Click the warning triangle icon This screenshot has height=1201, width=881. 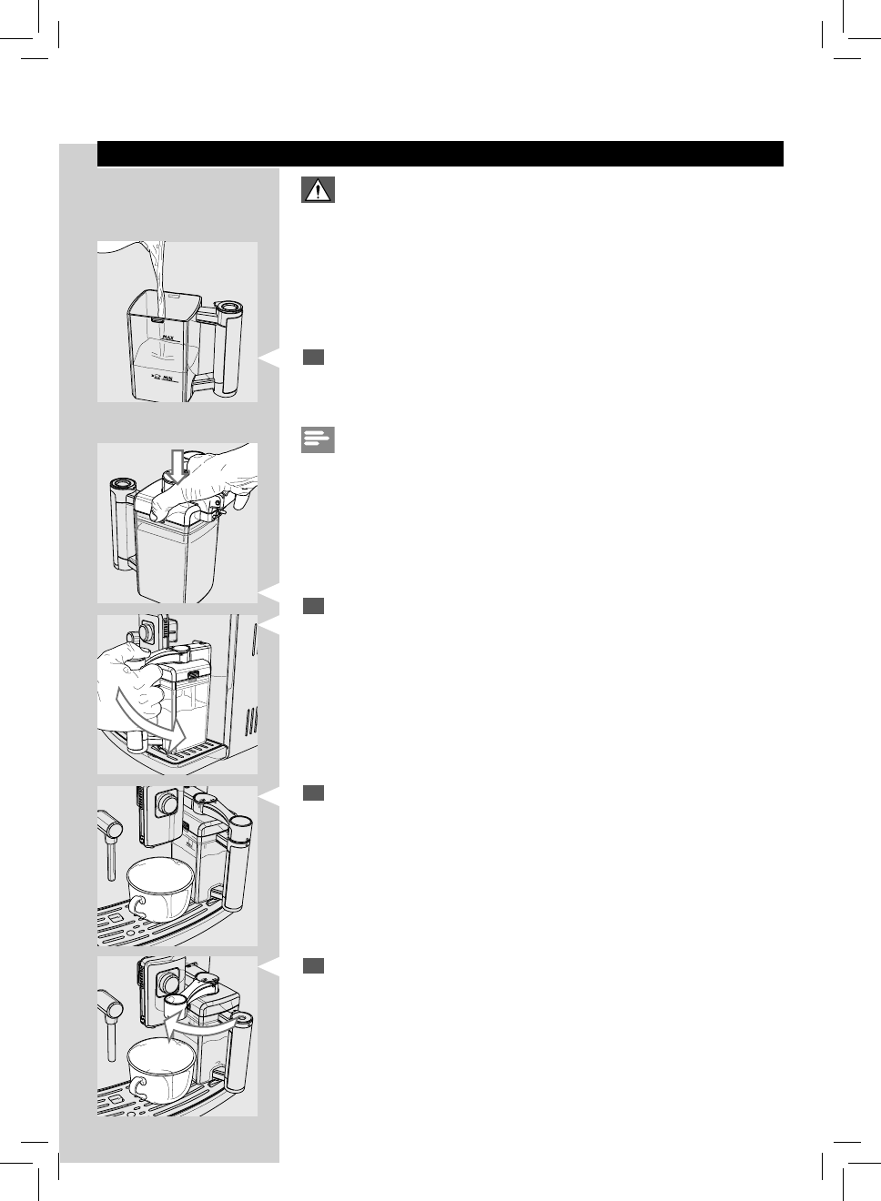[318, 190]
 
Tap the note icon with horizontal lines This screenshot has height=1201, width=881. [318, 441]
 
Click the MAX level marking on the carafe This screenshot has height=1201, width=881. [167, 337]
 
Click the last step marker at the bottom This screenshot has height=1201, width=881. [314, 966]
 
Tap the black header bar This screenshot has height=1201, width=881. [440, 154]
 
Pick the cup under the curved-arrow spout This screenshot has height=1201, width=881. [162, 1069]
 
